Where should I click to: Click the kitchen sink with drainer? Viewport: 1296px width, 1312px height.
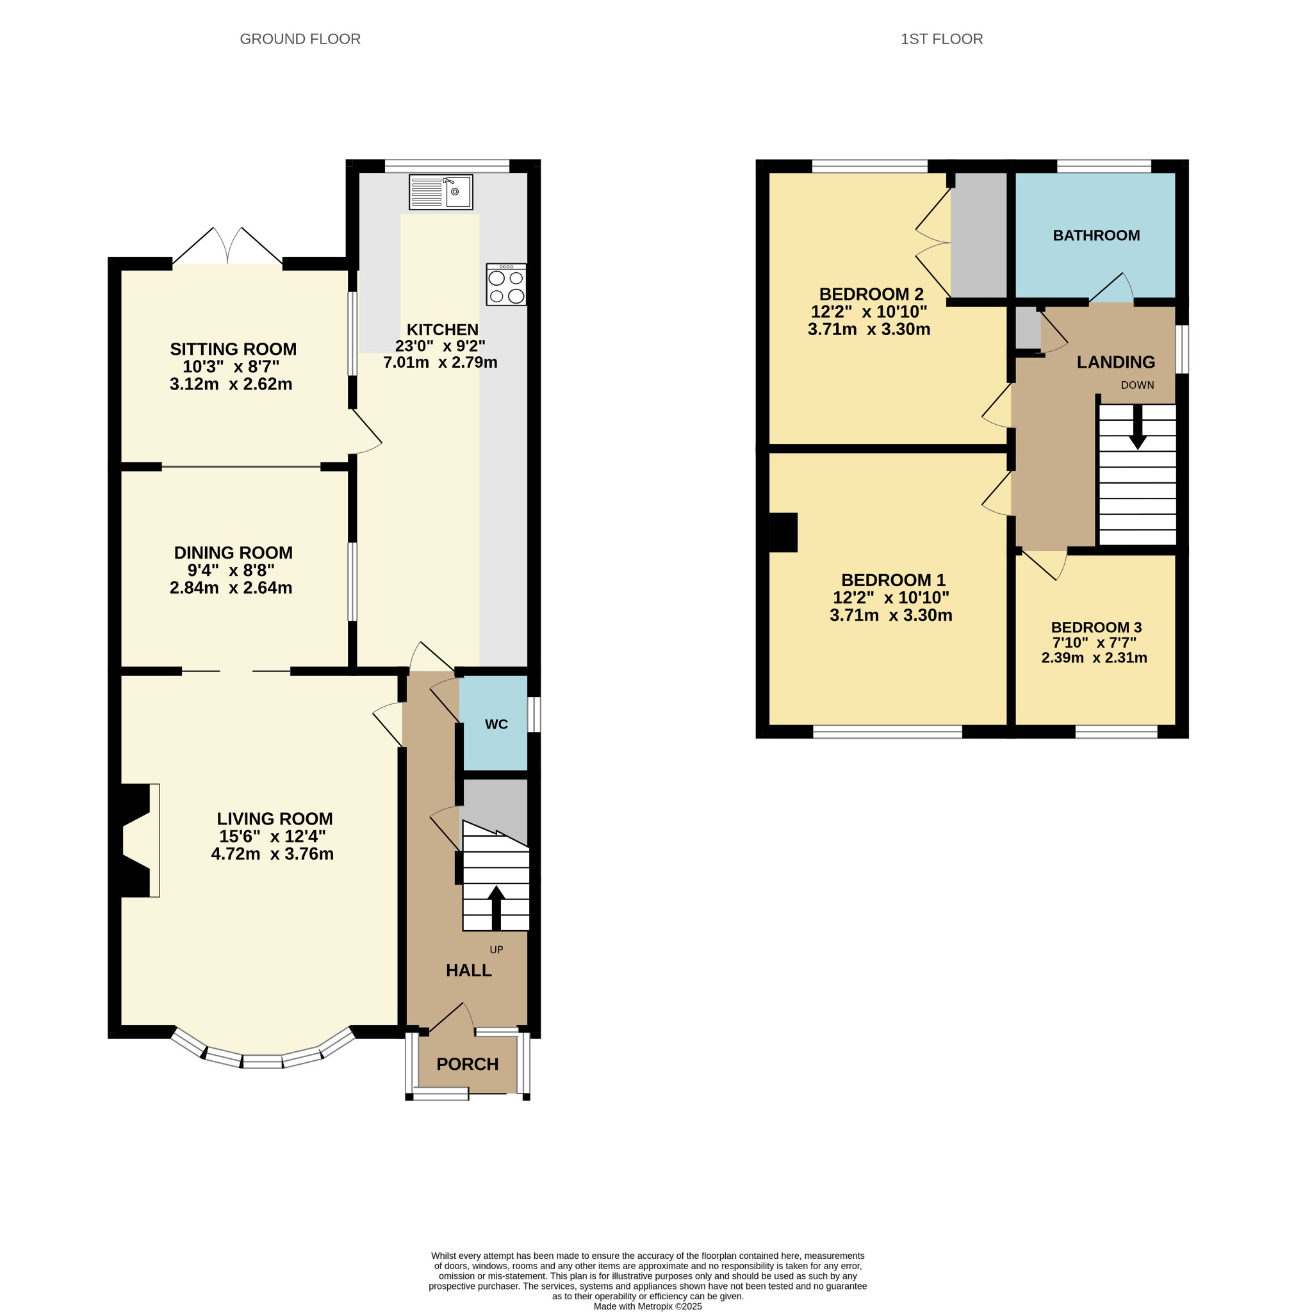point(440,192)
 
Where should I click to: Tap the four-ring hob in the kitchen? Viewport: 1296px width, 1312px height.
point(506,284)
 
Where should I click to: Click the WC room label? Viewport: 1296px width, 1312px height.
point(496,724)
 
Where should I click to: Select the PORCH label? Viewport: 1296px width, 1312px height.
point(467,1063)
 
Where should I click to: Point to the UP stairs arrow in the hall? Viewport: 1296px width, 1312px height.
point(496,907)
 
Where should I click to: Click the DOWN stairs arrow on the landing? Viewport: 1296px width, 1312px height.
point(1137,427)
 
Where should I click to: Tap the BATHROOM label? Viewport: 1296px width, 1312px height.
point(1096,235)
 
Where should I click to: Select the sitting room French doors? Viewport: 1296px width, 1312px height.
point(227,246)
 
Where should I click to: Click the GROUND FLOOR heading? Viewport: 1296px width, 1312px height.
point(300,39)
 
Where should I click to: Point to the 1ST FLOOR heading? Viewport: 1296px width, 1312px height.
point(942,39)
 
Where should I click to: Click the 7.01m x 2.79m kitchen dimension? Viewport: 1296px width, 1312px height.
point(440,362)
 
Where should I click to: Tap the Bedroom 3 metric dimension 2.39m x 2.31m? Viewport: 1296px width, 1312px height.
point(1094,657)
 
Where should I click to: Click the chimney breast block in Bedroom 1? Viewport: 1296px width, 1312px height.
point(783,532)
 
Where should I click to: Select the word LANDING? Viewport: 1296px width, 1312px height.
point(1116,362)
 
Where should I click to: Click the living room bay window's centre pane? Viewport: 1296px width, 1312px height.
point(262,1061)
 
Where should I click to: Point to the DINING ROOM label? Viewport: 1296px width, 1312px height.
point(233,552)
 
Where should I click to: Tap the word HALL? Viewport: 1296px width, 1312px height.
point(469,971)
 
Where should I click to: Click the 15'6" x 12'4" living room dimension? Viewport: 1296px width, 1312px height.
point(272,836)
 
